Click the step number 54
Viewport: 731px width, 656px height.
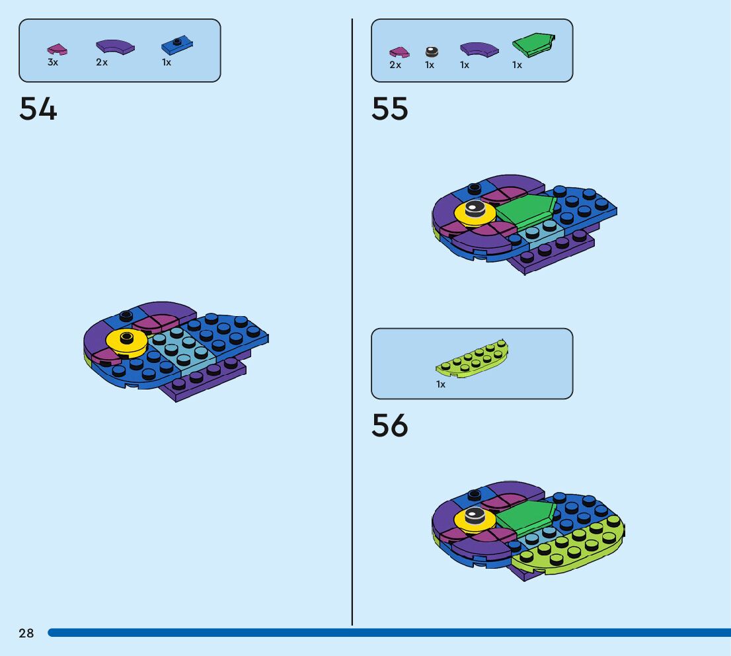[38, 109]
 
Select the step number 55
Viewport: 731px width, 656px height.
[390, 109]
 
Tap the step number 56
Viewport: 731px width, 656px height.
[390, 426]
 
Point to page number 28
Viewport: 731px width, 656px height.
[26, 634]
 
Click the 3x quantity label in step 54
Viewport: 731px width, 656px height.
[53, 62]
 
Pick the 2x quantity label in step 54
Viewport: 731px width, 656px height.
[102, 62]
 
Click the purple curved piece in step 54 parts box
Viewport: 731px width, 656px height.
[114, 46]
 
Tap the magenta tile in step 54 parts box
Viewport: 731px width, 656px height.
[57, 50]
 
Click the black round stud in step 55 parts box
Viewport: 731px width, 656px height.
[431, 51]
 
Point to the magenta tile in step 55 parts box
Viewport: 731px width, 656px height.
[399, 51]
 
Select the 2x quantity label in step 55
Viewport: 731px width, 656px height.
[395, 65]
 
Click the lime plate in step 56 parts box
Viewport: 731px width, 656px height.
[472, 359]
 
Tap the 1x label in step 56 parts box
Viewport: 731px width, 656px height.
[441, 384]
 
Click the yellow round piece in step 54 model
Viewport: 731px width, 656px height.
[126, 341]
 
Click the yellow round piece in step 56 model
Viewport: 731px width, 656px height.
[473, 520]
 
